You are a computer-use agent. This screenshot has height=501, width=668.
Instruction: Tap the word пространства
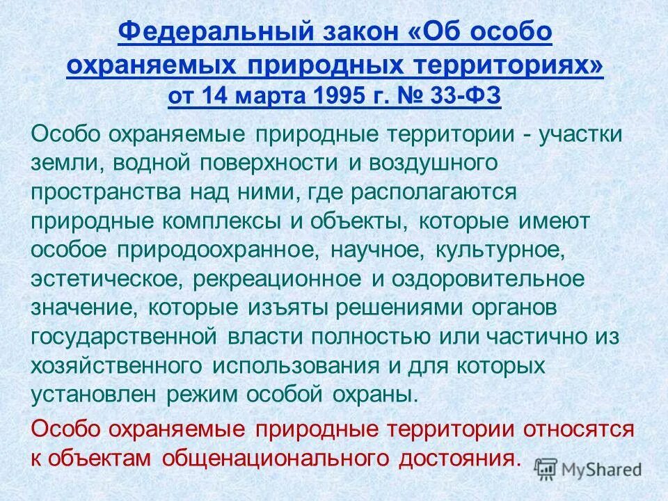pyautogui.click(x=97, y=192)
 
